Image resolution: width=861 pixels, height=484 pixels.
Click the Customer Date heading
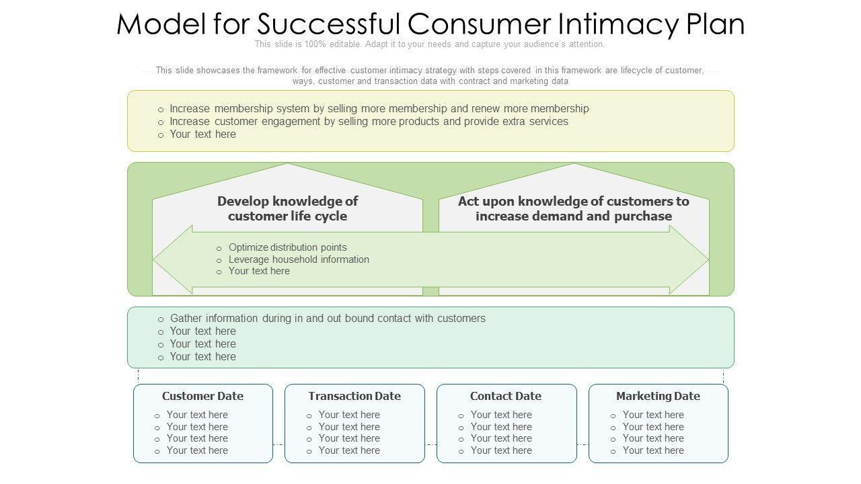pyautogui.click(x=202, y=396)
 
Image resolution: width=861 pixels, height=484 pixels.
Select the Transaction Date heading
pyautogui.click(x=354, y=396)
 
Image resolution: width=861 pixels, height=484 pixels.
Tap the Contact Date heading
pyautogui.click(x=505, y=396)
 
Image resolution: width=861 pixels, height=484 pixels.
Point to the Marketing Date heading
pyautogui.click(x=658, y=396)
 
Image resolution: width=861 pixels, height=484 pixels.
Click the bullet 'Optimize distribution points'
pyautogui.click(x=287, y=247)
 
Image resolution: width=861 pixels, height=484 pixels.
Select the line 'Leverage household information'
pyautogui.click(x=299, y=259)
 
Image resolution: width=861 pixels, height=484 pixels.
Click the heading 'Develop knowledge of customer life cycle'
pyautogui.click(x=287, y=208)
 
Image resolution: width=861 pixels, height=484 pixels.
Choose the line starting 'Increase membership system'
pyautogui.click(x=379, y=109)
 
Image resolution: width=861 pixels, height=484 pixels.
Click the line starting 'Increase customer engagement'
pyautogui.click(x=369, y=122)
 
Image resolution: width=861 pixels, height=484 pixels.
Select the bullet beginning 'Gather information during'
pyautogui.click(x=328, y=319)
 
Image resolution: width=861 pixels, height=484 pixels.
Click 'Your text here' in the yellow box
pyautogui.click(x=202, y=134)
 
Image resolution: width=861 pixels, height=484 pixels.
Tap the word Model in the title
pyautogui.click(x=161, y=25)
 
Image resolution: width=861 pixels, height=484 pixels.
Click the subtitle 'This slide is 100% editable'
pyautogui.click(x=429, y=44)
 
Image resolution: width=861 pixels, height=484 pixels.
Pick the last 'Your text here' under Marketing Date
pyautogui.click(x=653, y=450)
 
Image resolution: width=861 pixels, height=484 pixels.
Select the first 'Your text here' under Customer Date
pyautogui.click(x=197, y=415)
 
